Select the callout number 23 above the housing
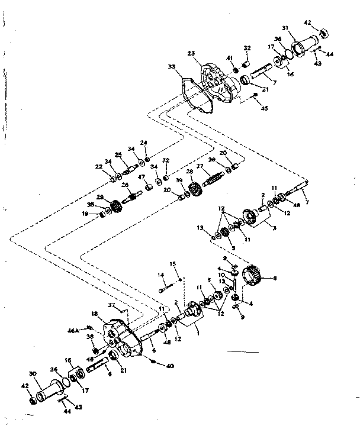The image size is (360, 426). [x=191, y=53]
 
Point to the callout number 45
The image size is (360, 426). [x=264, y=108]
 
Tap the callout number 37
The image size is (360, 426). [x=111, y=306]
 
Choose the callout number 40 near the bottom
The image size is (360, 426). [x=171, y=366]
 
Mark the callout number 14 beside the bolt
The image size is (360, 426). [x=160, y=275]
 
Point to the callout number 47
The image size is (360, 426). [x=142, y=177]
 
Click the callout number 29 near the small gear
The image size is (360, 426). [x=101, y=198]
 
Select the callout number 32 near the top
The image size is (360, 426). [x=247, y=47]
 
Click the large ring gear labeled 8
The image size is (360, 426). [x=256, y=277]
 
